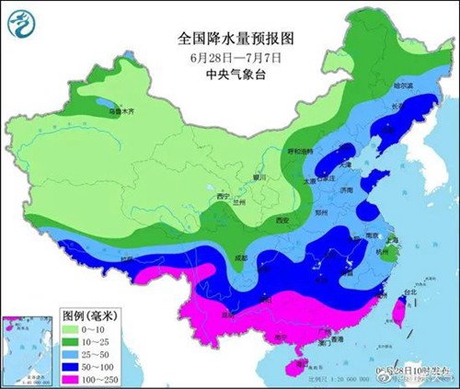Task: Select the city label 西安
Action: (282, 221)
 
